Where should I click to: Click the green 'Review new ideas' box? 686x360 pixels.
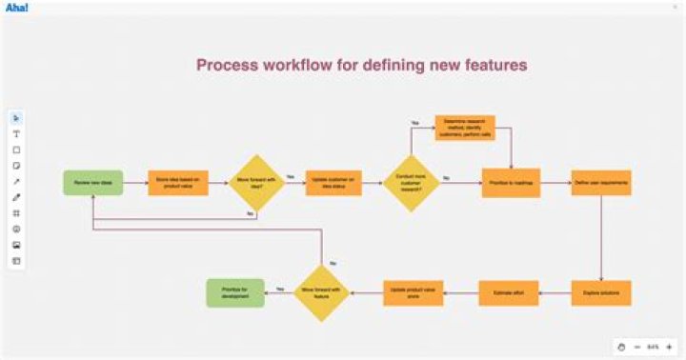click(x=92, y=182)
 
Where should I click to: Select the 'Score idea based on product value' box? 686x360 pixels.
click(x=177, y=182)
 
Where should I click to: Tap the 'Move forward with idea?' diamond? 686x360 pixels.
click(x=256, y=182)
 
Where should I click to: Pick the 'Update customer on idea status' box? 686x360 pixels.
click(x=333, y=182)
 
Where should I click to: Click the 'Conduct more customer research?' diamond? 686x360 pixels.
click(x=411, y=182)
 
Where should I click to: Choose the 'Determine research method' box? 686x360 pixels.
click(x=465, y=129)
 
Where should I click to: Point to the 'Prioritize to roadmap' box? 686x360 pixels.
click(x=511, y=182)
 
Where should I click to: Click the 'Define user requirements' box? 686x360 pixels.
click(x=601, y=182)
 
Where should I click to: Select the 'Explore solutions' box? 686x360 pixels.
click(x=601, y=292)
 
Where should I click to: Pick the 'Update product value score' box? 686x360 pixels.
click(x=413, y=292)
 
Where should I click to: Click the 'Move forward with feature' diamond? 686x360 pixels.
click(x=321, y=292)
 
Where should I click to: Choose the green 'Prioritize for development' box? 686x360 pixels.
click(x=235, y=292)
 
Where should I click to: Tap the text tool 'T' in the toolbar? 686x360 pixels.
click(x=16, y=134)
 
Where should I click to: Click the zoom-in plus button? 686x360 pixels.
click(x=669, y=346)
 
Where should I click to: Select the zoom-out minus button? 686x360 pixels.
click(x=636, y=346)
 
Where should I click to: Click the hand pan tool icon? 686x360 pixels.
click(x=620, y=346)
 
